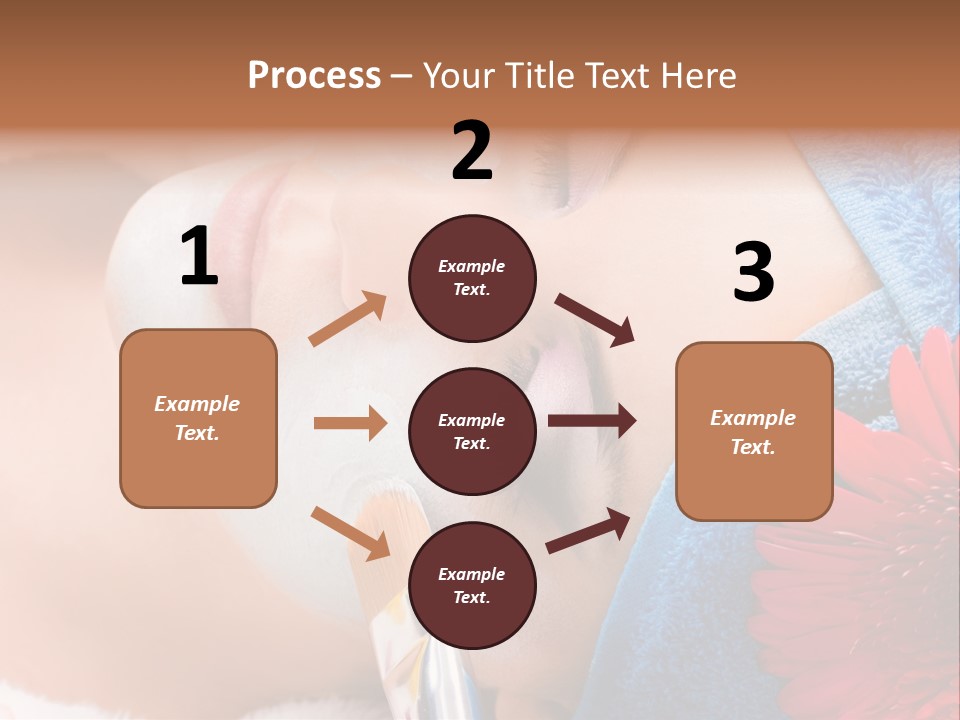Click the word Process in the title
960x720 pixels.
[x=314, y=76]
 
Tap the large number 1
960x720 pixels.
[x=198, y=258]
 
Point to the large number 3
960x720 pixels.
[x=753, y=274]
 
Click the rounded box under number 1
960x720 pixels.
[x=198, y=418]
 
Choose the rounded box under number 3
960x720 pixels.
[x=754, y=431]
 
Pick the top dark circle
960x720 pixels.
[x=472, y=278]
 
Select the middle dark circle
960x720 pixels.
[x=472, y=432]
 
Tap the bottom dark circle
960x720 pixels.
[x=472, y=586]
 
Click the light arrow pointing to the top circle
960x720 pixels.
[x=348, y=318]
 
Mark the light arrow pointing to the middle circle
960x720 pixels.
[x=350, y=423]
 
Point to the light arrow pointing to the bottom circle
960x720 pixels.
[x=350, y=533]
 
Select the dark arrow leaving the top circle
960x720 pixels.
[x=595, y=320]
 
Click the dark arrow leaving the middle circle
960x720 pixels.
[x=592, y=421]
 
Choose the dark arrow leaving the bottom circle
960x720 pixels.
[x=588, y=530]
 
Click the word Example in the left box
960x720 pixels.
[x=197, y=404]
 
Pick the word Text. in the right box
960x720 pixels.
[x=753, y=447]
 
